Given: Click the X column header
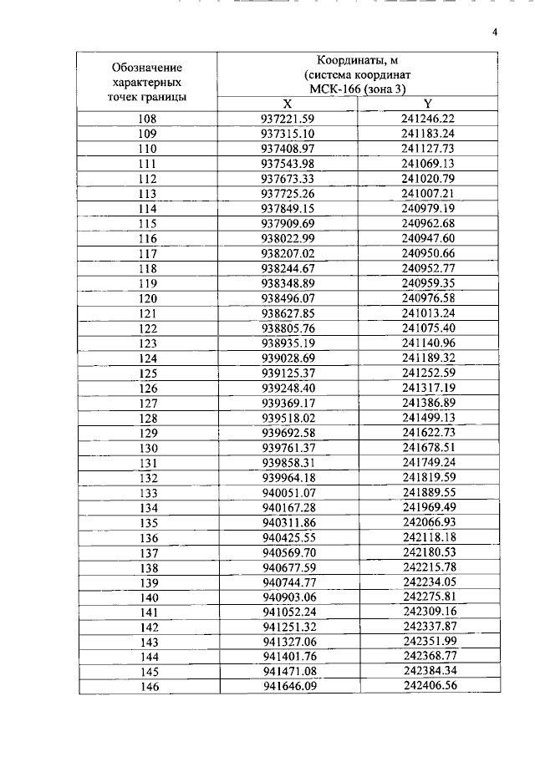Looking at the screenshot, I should (287, 104).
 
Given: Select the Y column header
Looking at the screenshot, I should (427, 104).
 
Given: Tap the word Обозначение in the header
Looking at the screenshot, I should (147, 66).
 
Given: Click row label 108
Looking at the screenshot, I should (147, 119).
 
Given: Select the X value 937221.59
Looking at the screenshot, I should (287, 119).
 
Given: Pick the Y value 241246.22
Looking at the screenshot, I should (427, 119).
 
